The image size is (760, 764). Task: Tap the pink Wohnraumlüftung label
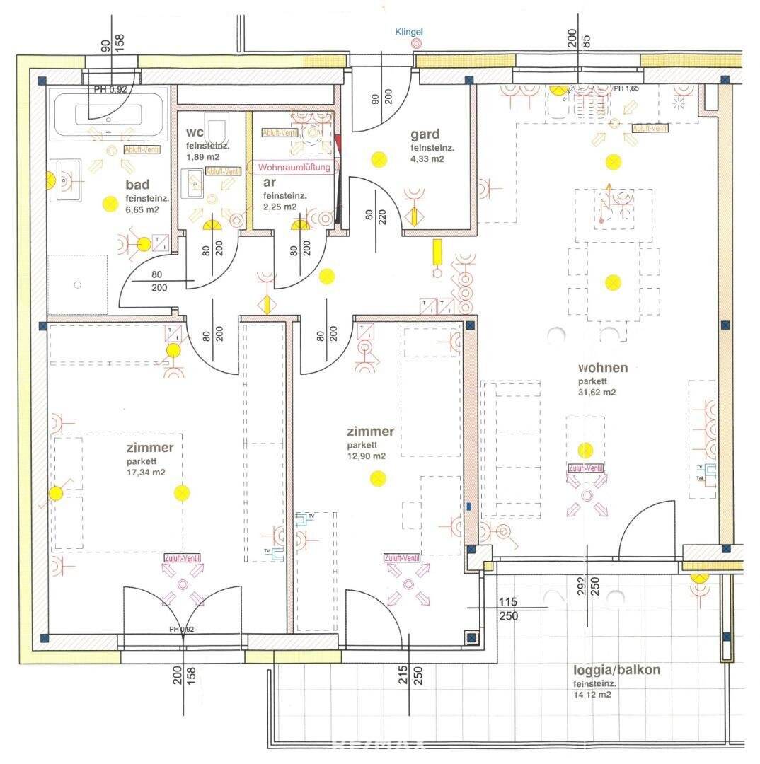[294, 167]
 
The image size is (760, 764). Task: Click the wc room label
[195, 132]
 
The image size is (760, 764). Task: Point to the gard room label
[425, 134]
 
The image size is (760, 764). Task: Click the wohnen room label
[603, 368]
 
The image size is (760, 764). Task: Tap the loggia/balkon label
[618, 670]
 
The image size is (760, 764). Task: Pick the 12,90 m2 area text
[366, 456]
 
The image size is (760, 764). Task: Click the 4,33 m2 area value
[427, 159]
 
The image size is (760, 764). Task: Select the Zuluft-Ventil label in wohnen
[585, 468]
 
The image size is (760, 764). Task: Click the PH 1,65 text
[628, 88]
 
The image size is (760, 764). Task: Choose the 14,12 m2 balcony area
[592, 695]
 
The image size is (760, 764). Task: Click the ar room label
[270, 182]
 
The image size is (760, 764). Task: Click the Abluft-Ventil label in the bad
[142, 149]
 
